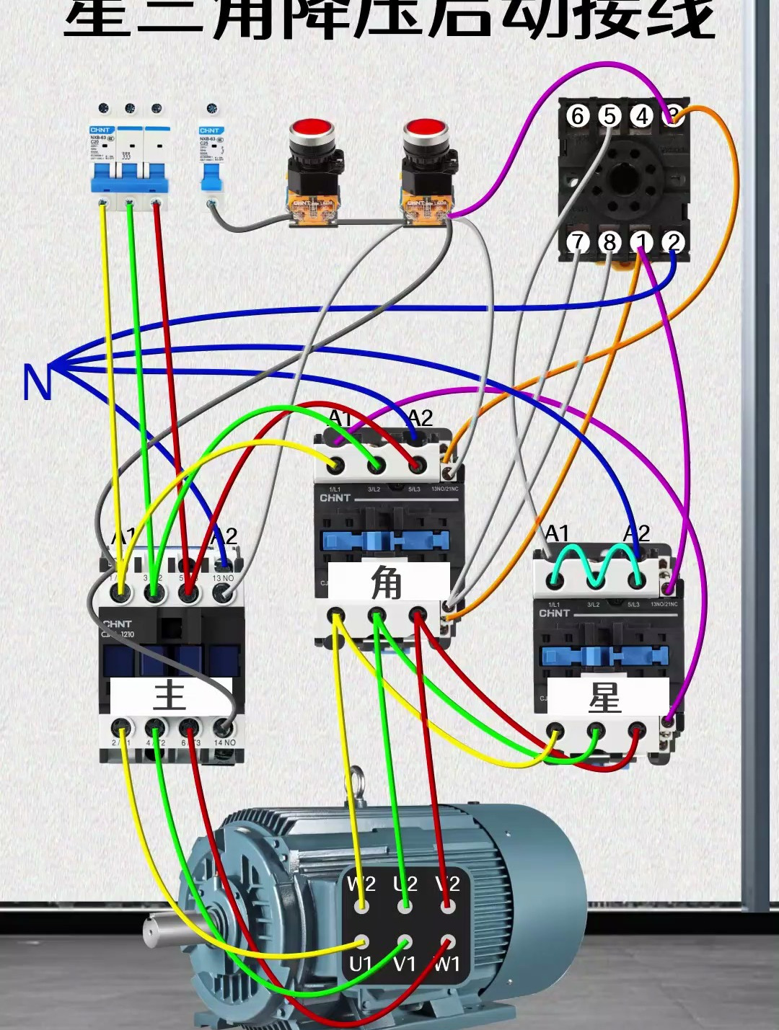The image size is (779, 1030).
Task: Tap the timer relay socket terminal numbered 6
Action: (x=577, y=115)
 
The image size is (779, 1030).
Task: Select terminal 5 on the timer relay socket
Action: (x=609, y=115)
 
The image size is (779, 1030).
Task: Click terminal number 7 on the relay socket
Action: (x=577, y=242)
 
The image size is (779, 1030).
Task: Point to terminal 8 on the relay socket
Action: (x=609, y=242)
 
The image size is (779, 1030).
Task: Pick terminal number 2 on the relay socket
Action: (x=673, y=242)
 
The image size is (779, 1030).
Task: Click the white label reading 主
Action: (x=170, y=696)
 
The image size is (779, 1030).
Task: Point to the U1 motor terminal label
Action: (x=360, y=964)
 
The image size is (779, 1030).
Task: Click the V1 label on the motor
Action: (x=405, y=964)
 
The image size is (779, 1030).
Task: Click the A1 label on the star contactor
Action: (x=557, y=533)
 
